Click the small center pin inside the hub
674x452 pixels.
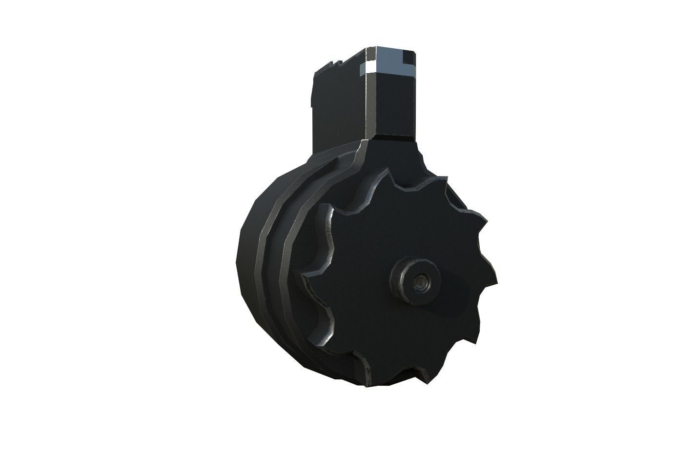point(419,281)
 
